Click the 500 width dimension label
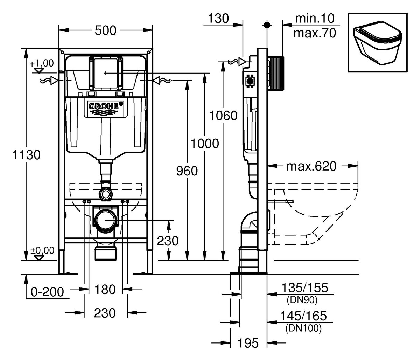(105, 30)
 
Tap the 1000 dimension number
(204, 143)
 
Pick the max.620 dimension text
(311, 166)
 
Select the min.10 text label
(315, 18)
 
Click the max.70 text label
(315, 33)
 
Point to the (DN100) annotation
(303, 328)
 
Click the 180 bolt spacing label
(105, 289)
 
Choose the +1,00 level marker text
(42, 63)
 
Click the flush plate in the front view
(106, 73)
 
